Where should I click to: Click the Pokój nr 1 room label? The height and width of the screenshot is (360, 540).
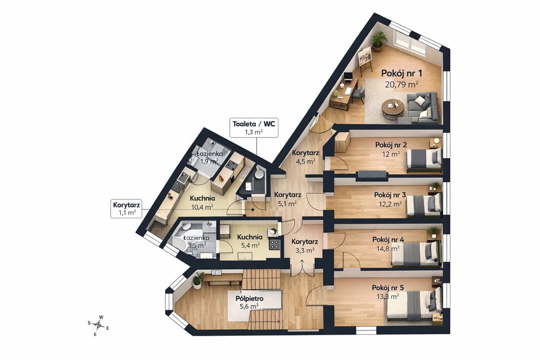tap(401, 73)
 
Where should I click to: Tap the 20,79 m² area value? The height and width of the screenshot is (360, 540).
tap(401, 84)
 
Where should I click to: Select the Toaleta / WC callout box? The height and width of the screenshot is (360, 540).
tap(254, 128)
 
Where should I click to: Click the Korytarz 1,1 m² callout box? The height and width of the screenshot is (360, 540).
tap(127, 209)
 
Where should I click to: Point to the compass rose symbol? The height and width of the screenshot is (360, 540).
tap(99, 324)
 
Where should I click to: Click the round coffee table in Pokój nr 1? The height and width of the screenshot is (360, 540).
tap(392, 108)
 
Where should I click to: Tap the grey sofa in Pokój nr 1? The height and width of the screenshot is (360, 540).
tap(419, 108)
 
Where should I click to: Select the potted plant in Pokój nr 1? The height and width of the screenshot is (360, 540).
tap(379, 41)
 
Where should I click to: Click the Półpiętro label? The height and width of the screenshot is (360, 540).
tap(249, 298)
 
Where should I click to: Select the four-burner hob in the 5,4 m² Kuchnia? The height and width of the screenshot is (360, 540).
tap(274, 245)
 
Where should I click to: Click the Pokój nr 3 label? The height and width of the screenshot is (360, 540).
tap(390, 195)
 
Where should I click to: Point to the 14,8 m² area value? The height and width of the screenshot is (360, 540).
tap(390, 248)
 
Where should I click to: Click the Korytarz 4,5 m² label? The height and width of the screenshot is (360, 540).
tap(305, 157)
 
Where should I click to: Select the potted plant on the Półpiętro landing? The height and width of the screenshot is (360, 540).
tap(198, 280)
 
